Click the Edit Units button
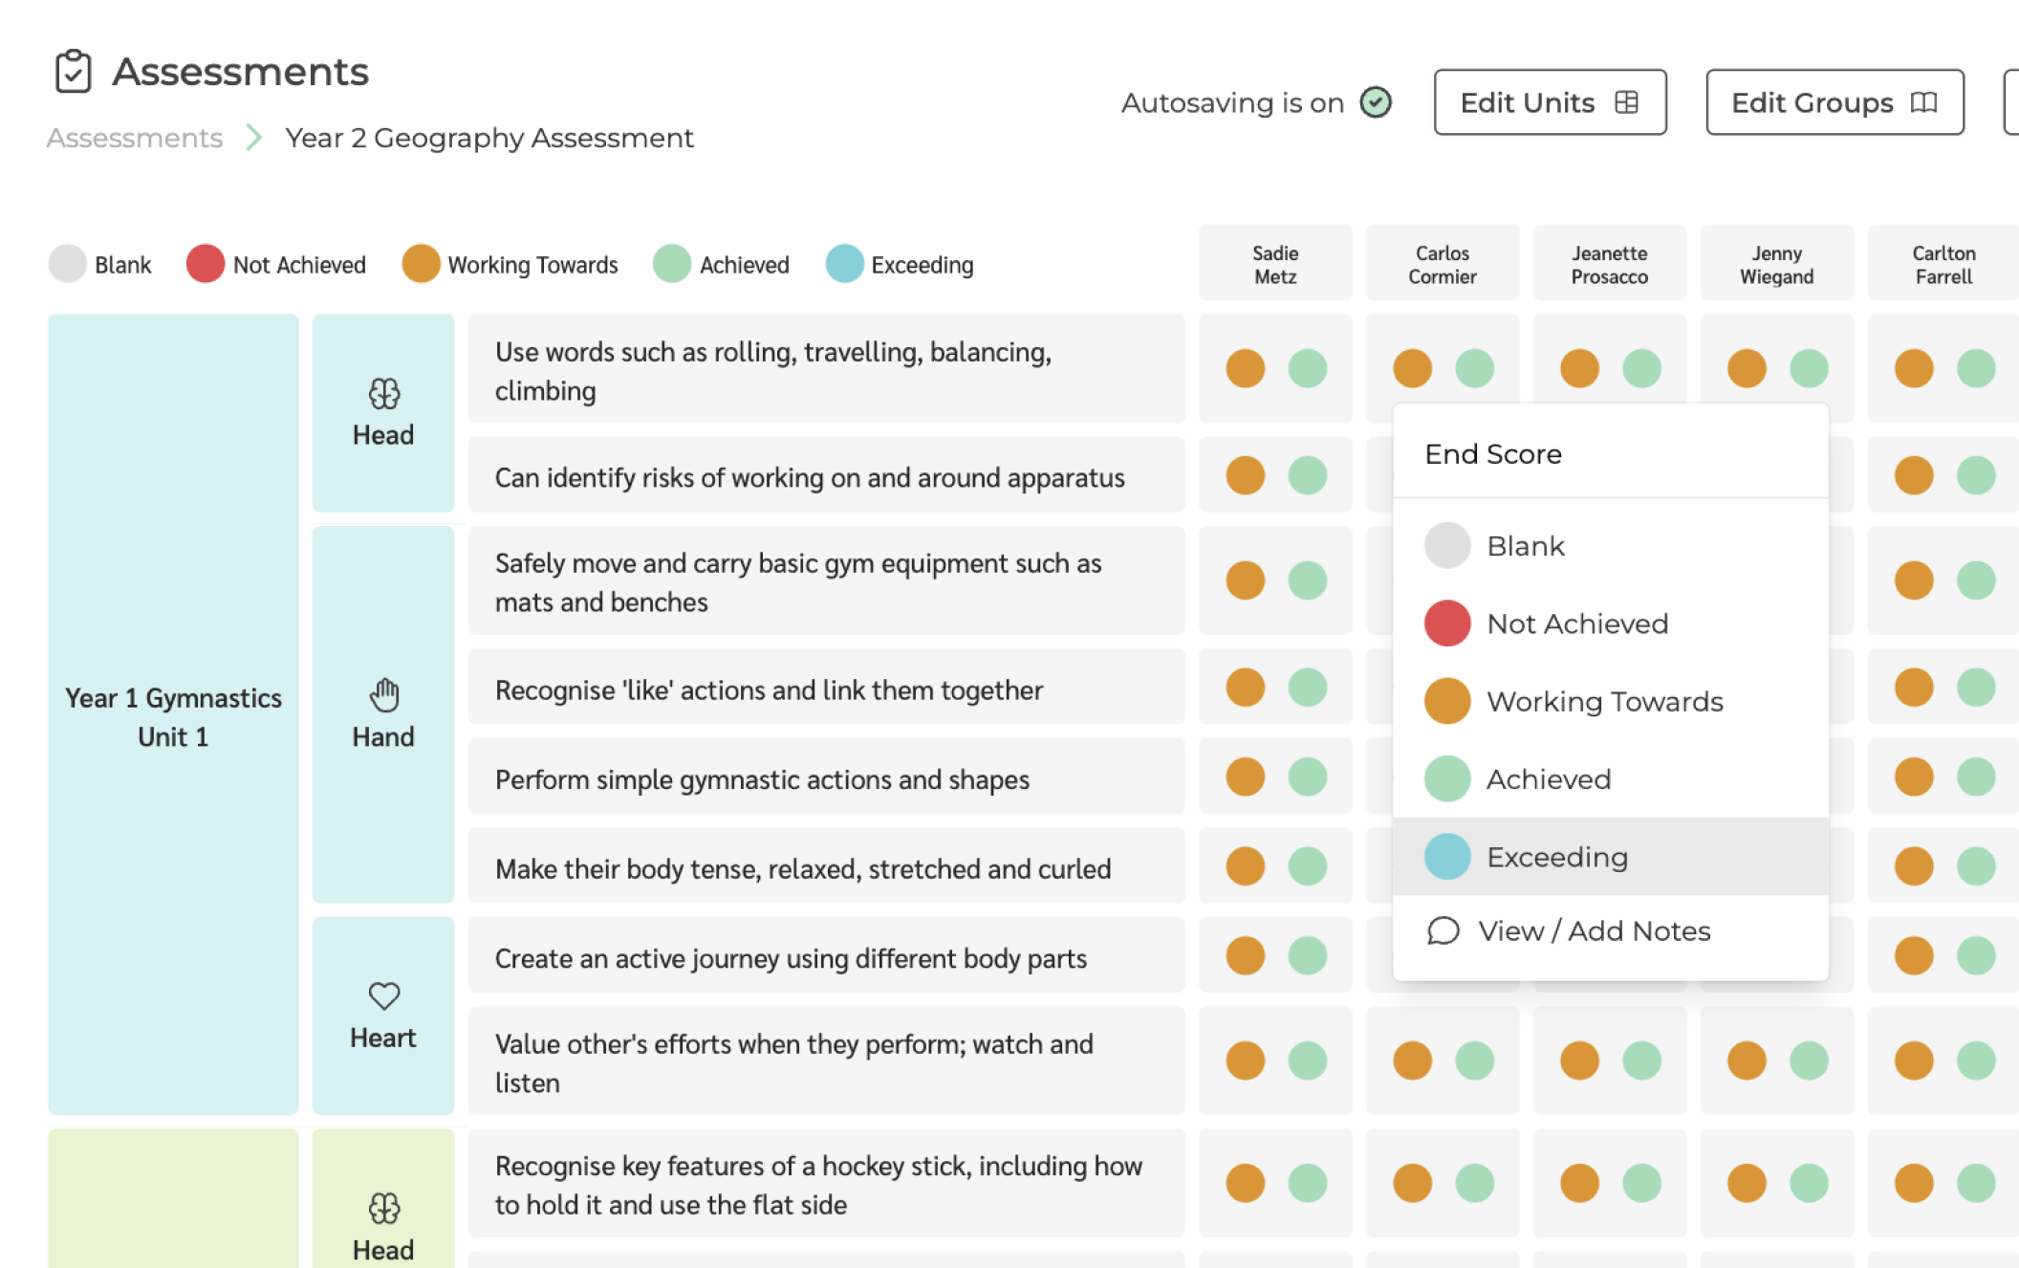point(1549,102)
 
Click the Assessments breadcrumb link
point(135,138)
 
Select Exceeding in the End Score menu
point(1556,857)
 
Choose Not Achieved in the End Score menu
point(1576,623)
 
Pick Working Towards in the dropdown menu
point(1603,701)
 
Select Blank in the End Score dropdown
point(1525,546)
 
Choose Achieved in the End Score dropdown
point(1548,779)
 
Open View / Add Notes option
point(1593,930)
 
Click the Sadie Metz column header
point(1274,265)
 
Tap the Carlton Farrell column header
point(1943,265)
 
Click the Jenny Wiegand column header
point(1775,265)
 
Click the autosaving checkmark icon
point(1376,102)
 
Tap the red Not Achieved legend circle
point(206,264)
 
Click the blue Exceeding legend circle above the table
point(844,264)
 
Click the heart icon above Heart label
point(383,995)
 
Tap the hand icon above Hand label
point(383,695)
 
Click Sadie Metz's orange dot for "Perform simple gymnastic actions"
point(1245,776)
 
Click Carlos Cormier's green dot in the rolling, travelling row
point(1474,368)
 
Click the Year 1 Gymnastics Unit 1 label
point(173,716)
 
